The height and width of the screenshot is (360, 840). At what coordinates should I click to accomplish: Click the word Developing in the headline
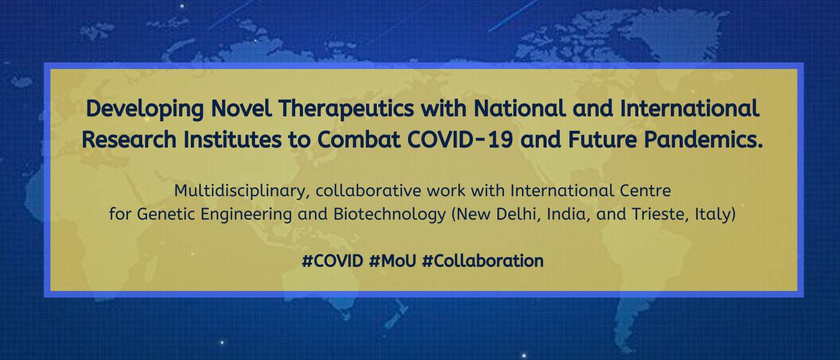[x=145, y=109]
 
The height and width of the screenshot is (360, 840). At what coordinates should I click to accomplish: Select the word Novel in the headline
[x=241, y=109]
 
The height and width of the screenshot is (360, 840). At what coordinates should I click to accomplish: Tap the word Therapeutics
[x=346, y=109]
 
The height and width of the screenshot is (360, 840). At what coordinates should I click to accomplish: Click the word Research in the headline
[x=129, y=139]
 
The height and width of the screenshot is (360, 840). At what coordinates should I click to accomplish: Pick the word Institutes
[x=232, y=139]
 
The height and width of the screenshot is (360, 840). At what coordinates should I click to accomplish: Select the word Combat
[x=359, y=139]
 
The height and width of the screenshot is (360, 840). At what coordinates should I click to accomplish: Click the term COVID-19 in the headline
[x=460, y=139]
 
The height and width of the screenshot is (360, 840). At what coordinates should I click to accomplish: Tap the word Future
[x=602, y=139]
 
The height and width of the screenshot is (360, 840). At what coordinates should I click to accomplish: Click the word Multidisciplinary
[x=242, y=191]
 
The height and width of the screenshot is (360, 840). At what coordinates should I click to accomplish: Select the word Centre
[x=645, y=191]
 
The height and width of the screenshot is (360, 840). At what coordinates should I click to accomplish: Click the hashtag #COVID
[x=332, y=261]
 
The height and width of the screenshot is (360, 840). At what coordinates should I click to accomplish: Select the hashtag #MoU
[x=392, y=261]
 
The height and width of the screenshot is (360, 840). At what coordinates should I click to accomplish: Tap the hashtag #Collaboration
[x=483, y=261]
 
